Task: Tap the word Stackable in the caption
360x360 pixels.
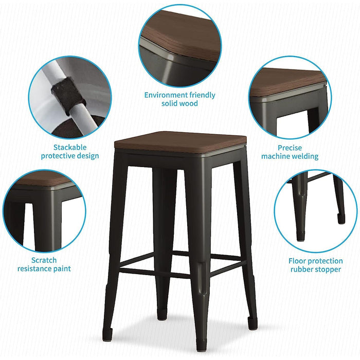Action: [70, 148]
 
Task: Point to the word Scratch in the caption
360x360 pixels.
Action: [44, 260]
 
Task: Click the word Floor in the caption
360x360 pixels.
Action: [299, 261]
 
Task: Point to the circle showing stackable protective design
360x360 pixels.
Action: [69, 98]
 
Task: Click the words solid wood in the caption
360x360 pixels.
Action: [179, 103]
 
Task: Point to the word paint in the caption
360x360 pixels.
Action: [61, 268]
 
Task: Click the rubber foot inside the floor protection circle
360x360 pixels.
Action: [341, 218]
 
